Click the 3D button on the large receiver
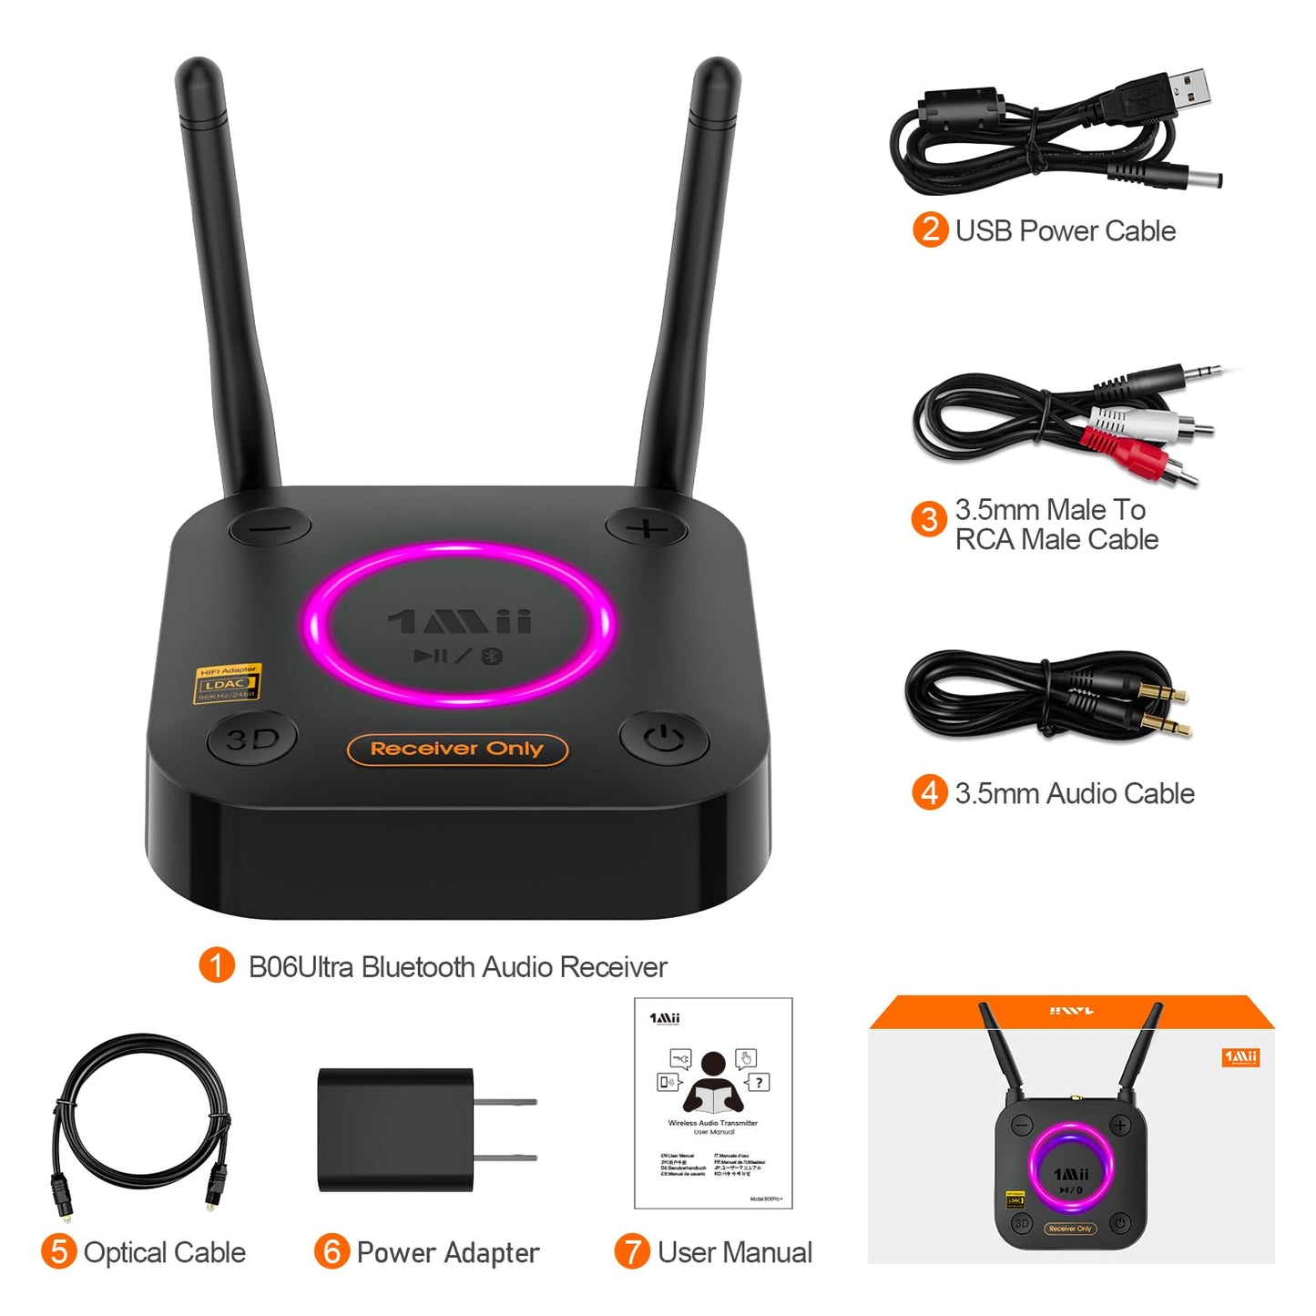pyautogui.click(x=252, y=739)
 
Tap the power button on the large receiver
pyautogui.click(x=665, y=738)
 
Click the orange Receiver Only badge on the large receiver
pyautogui.click(x=457, y=750)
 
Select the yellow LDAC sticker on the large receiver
pyautogui.click(x=228, y=683)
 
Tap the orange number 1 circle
pyautogui.click(x=217, y=965)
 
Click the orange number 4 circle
pyautogui.click(x=929, y=792)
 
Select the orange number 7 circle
pyautogui.click(x=631, y=1251)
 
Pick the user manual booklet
pyautogui.click(x=713, y=1103)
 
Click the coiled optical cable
pyautogui.click(x=141, y=1111)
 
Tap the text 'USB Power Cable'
pyautogui.click(x=1065, y=231)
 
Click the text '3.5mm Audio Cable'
pyautogui.click(x=1075, y=793)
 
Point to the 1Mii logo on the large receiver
pyautogui.click(x=460, y=622)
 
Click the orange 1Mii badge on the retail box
pyautogui.click(x=1240, y=1057)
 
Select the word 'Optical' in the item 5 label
pyautogui.click(x=124, y=1252)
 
